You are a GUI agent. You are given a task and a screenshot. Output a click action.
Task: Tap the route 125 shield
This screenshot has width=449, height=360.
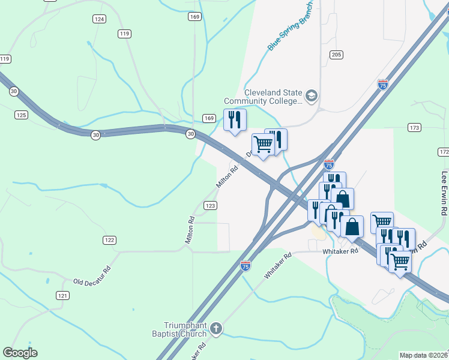[x=22, y=115]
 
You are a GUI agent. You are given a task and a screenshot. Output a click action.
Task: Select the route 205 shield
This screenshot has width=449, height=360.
[x=336, y=55]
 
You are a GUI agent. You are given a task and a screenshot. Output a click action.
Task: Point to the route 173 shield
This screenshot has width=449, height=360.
[x=414, y=128]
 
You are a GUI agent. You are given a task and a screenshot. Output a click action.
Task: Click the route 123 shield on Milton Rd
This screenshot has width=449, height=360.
[x=210, y=206]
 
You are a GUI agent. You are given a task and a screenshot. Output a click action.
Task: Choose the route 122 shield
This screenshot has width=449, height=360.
[x=109, y=240]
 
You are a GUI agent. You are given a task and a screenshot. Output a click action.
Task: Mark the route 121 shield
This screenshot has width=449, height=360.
[x=63, y=295]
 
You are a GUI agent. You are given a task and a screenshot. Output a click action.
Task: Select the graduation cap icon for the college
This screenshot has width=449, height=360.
[x=311, y=96]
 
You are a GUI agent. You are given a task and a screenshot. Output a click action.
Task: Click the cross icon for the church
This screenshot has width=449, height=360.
[x=216, y=329]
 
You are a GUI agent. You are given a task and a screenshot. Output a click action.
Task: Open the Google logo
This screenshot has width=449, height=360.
[x=20, y=353]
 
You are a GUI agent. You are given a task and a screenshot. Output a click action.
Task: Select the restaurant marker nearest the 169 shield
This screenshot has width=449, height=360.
[x=235, y=119]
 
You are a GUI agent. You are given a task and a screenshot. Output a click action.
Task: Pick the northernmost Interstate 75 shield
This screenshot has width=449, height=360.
[x=383, y=85]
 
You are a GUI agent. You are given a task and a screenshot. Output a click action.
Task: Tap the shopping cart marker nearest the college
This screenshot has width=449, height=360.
[x=262, y=145]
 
